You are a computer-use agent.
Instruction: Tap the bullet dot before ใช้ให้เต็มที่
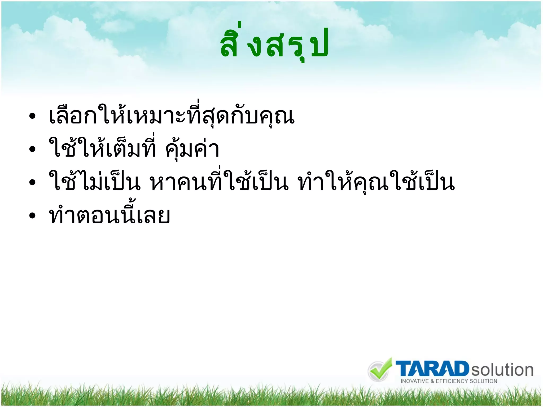coord(32,149)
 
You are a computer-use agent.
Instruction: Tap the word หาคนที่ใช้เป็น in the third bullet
coord(219,182)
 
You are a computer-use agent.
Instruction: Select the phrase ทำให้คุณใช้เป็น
coord(376,182)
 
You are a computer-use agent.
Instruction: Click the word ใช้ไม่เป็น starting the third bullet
coord(94,182)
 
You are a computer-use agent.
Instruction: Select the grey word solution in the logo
coord(502,370)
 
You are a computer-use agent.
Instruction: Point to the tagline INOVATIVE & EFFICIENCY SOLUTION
coord(449,381)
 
